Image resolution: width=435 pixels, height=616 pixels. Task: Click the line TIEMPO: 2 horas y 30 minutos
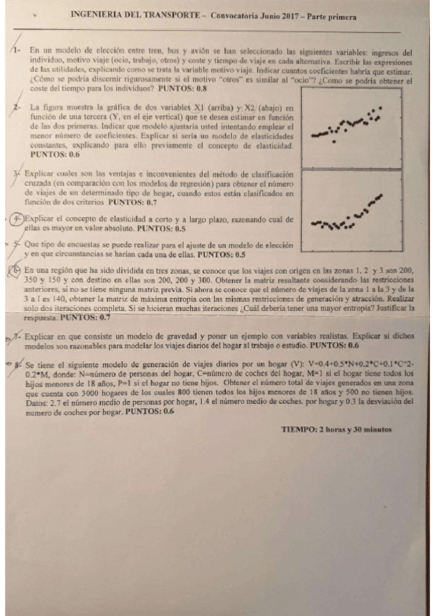click(336, 429)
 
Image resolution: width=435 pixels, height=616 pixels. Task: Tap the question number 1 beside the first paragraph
click(15, 53)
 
